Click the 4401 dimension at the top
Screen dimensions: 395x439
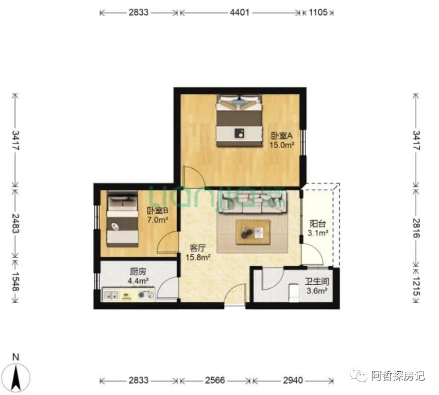point(239,12)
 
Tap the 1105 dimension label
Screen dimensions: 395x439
point(318,12)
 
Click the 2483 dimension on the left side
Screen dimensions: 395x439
point(15,224)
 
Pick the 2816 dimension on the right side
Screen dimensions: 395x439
point(416,227)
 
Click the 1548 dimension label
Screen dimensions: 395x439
point(15,282)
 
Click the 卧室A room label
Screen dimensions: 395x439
point(281,136)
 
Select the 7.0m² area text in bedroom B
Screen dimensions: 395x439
point(158,220)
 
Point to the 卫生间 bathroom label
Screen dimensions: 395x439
point(316,282)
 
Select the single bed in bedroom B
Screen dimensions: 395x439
point(123,219)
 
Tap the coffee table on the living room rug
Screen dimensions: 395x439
point(252,232)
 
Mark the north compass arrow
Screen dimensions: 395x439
point(16,375)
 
